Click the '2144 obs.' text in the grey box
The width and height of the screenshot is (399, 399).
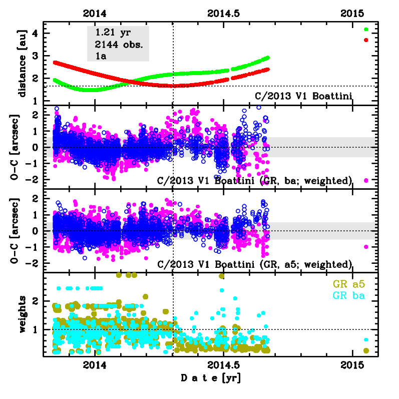coord(119,44)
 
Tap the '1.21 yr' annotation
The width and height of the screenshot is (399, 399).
coord(113,33)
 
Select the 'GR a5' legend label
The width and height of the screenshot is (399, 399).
coord(350,284)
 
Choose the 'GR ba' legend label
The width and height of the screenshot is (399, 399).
coord(350,295)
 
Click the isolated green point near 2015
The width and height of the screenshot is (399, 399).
coord(366,30)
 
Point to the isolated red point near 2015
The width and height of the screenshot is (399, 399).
coord(366,40)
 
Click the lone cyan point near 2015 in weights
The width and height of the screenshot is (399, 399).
coord(366,339)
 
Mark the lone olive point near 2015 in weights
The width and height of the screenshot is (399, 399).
coord(366,350)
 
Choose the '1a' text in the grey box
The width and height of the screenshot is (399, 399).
coord(100,55)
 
